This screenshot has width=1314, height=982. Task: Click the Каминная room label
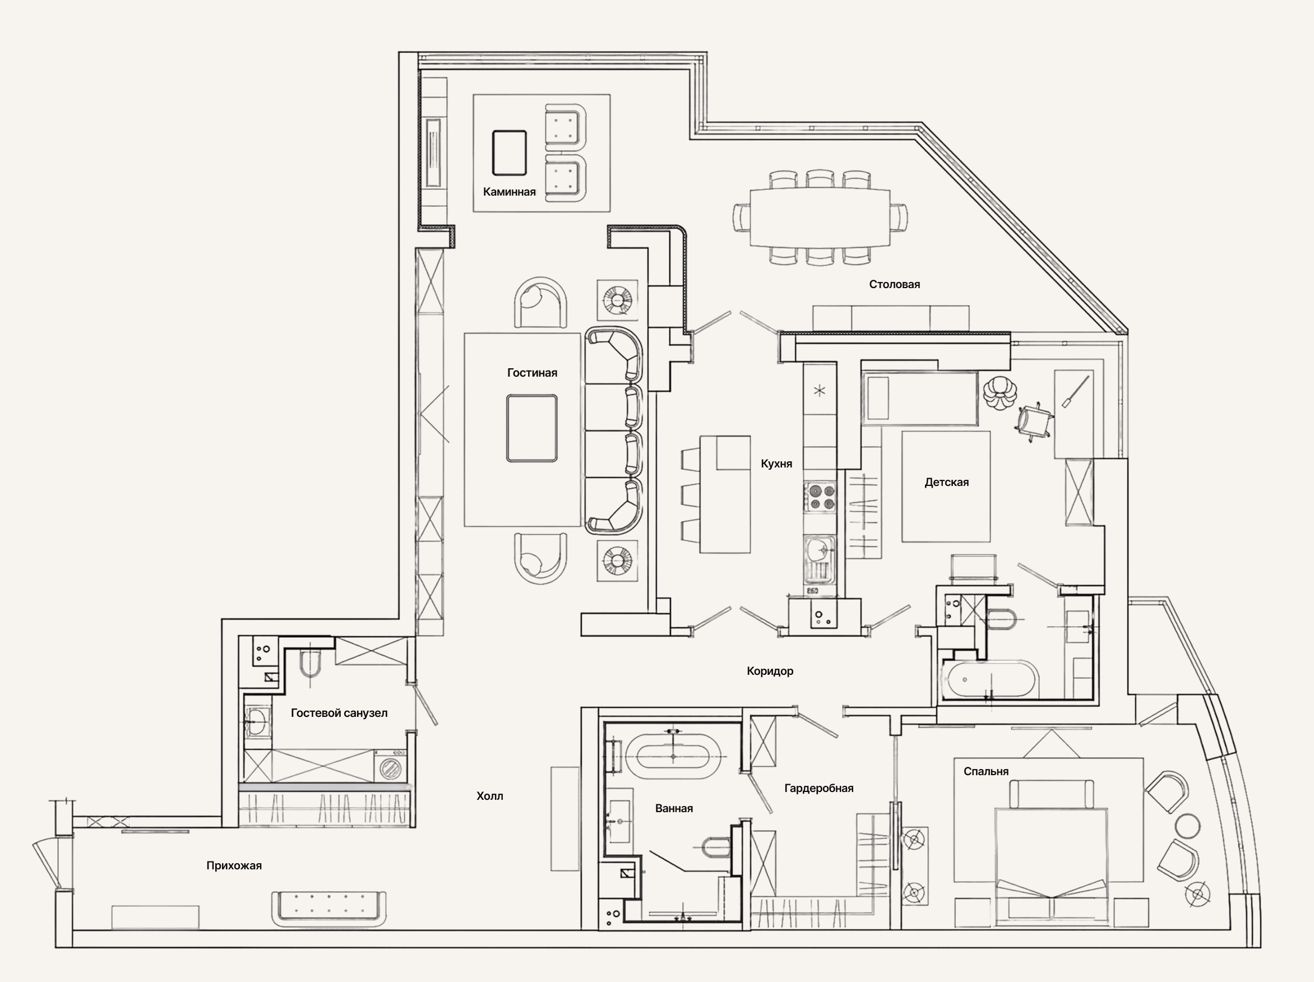tap(509, 192)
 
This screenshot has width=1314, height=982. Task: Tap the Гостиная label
tap(532, 373)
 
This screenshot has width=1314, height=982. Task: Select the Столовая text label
tap(895, 285)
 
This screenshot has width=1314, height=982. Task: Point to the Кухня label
tap(776, 464)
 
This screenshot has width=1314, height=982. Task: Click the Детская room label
tap(946, 483)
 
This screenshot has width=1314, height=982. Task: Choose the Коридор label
tap(770, 671)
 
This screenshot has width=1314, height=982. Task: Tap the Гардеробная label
tap(818, 788)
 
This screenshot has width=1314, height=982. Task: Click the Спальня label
tap(986, 772)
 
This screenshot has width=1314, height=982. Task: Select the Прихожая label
tap(234, 866)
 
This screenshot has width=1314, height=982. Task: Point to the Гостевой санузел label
tap(339, 713)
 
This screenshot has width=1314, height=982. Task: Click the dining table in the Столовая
tap(820, 217)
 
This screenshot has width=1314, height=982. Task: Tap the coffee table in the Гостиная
tap(532, 429)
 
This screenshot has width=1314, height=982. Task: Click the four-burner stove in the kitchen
tap(820, 498)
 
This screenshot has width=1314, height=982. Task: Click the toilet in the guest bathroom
tap(310, 666)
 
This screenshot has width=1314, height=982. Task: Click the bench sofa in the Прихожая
tap(329, 908)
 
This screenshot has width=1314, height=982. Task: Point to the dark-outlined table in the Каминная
tap(509, 152)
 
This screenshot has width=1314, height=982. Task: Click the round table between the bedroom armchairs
tap(1188, 826)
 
